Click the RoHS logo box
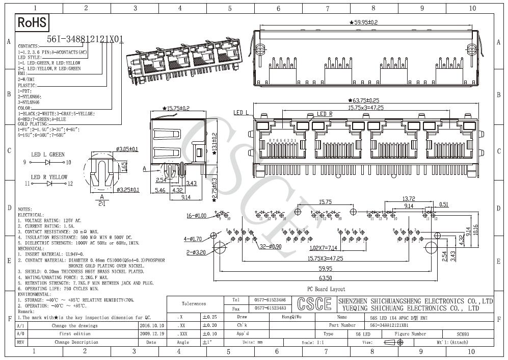[x=33, y=22]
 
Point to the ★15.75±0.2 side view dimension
[x=175, y=108]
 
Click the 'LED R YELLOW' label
[x=49, y=177]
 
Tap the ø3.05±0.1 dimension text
[x=127, y=149]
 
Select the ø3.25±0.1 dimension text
[x=127, y=190]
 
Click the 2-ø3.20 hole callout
[x=196, y=252]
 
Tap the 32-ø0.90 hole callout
[x=271, y=247]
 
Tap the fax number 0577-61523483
[x=270, y=308]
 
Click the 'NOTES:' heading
[x=25, y=209]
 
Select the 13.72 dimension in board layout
[x=408, y=199]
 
